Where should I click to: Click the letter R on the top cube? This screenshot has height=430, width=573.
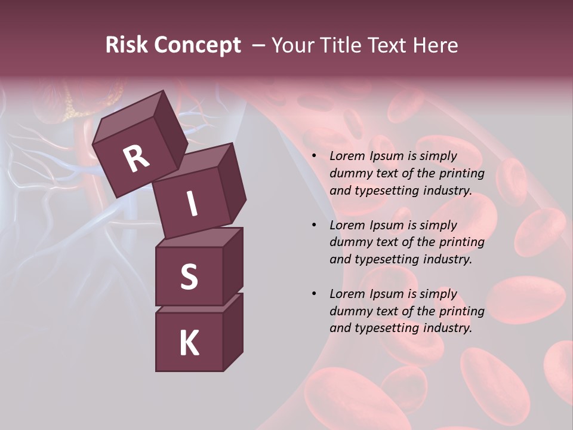(137, 159)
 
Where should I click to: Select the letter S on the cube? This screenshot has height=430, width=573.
(189, 277)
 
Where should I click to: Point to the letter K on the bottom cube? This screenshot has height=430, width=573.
(189, 343)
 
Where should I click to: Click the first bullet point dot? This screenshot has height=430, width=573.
(314, 156)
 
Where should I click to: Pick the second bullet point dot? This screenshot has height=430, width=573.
(314, 225)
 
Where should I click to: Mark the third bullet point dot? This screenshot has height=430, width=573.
(314, 294)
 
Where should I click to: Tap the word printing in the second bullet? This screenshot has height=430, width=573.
(461, 242)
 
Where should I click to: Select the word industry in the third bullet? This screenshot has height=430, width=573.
(447, 328)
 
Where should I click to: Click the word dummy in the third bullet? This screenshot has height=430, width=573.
(349, 311)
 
